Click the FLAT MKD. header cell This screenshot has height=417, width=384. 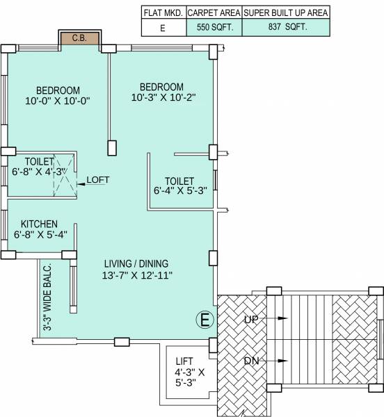163,13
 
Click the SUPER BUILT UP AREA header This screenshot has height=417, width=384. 285,13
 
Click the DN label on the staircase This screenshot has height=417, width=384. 253,361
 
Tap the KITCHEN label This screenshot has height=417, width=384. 39,224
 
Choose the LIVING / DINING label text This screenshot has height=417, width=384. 136,264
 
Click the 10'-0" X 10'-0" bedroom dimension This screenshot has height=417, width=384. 58,101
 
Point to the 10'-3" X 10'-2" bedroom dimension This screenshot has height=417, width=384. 161,98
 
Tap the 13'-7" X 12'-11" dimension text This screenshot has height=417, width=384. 136,276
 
